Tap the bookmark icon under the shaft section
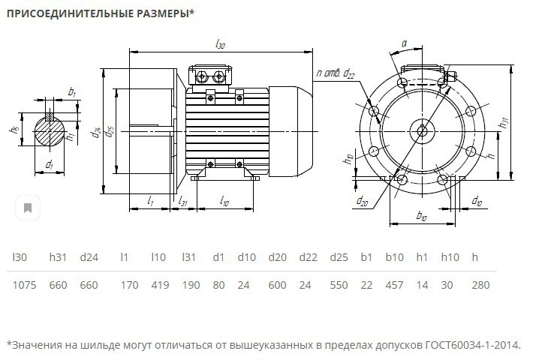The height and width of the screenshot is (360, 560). coord(28,208)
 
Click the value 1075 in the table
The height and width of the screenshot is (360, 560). coord(25,285)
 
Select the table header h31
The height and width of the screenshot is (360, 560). coord(59,257)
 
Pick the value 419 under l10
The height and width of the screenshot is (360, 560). coord(159,285)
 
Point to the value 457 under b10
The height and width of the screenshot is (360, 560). coord(394,285)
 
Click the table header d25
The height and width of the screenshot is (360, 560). coord(339,257)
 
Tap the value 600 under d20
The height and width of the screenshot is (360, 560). coord(278,285)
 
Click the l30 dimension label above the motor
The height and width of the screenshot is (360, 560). coord(220,45)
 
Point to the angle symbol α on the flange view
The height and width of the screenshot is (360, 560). coord(404,43)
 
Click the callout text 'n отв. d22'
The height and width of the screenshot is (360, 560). coord(336,73)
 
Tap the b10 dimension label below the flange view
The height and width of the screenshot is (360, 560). coord(421,217)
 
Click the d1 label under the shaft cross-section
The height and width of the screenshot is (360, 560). coord(50,163)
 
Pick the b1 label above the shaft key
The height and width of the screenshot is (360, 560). coord(72,91)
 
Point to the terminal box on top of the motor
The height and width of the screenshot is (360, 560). coord(212,75)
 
